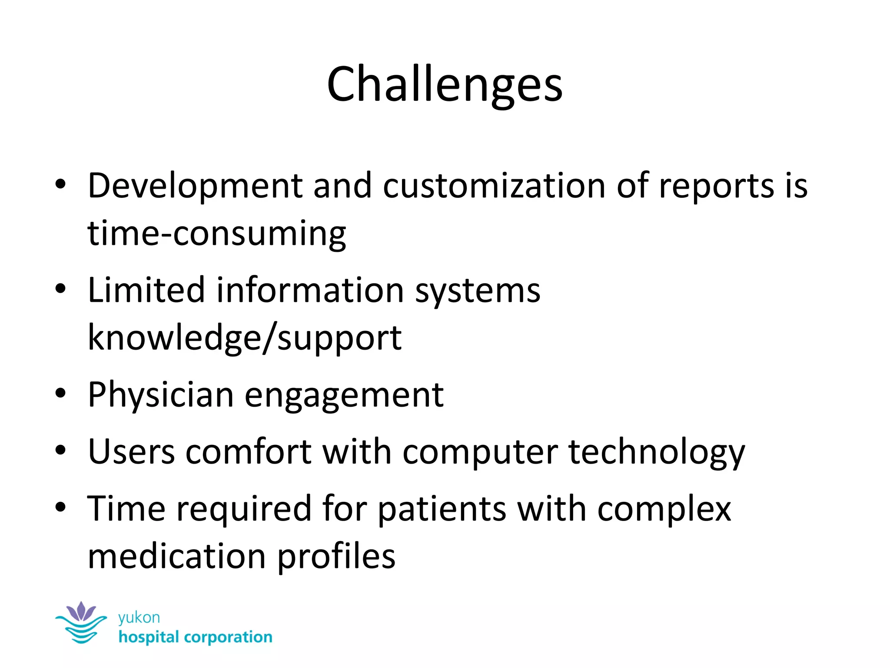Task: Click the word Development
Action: click(195, 186)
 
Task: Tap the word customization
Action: click(494, 186)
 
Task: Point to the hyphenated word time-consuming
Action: click(216, 234)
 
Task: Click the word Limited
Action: click(146, 290)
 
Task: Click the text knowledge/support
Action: click(245, 338)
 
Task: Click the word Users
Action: click(131, 452)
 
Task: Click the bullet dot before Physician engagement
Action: click(60, 394)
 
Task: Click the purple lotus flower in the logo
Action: click(81, 611)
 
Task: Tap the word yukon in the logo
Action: click(139, 618)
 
